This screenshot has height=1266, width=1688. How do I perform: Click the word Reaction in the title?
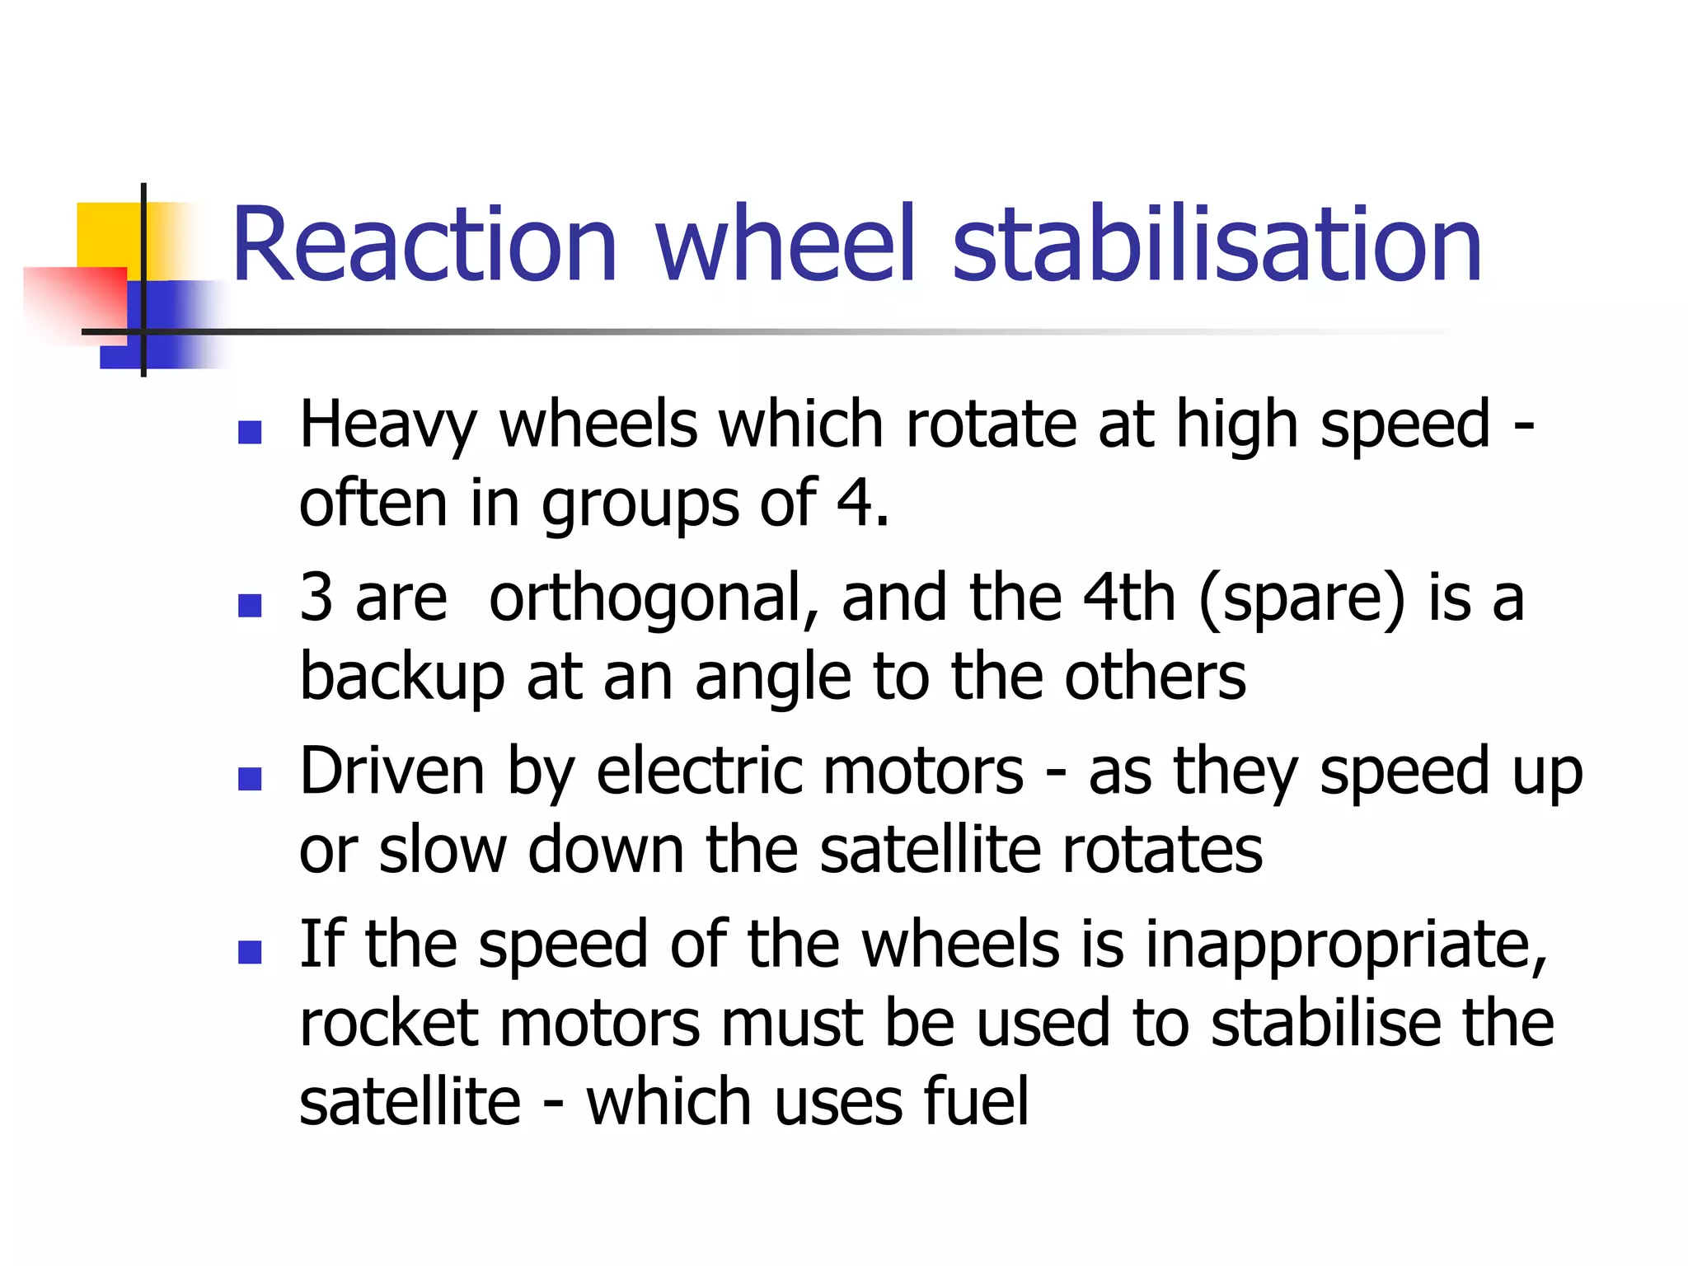point(424,245)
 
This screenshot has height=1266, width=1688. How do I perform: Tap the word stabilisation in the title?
point(1217,245)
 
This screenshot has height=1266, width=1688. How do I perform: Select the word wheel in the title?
point(785,245)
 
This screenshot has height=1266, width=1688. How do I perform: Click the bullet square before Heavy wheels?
point(249,432)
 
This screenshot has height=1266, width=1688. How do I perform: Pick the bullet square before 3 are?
point(249,605)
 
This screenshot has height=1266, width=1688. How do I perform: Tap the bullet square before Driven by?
point(249,778)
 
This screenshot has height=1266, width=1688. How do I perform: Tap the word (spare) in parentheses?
point(1301,599)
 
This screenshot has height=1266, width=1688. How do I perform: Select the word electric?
point(698,771)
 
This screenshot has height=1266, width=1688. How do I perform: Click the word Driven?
point(392,771)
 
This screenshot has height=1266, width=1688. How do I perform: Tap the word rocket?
point(388,1024)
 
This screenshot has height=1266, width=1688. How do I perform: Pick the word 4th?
point(1128,598)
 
